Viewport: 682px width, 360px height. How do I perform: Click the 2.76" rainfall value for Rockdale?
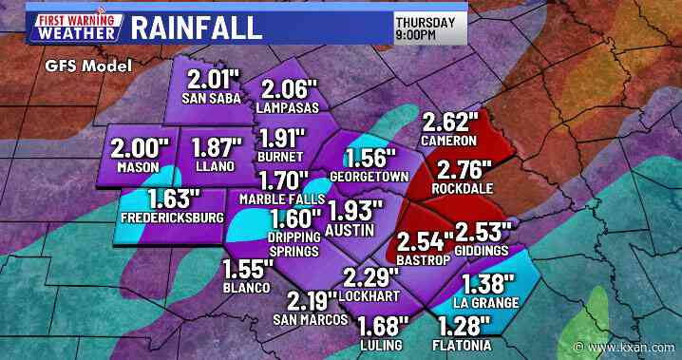pos(464,172)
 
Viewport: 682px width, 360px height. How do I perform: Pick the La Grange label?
pos(486,303)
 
